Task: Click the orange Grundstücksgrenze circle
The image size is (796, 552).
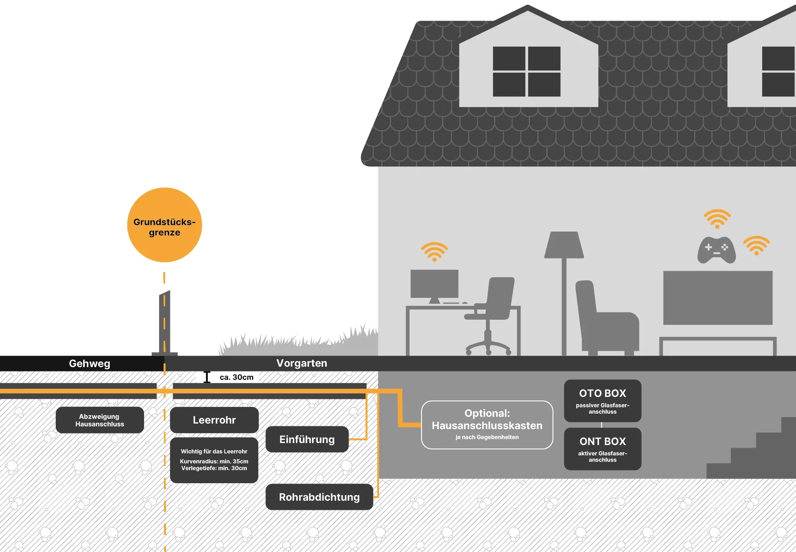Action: [x=164, y=225]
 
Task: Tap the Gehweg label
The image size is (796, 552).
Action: [x=90, y=363]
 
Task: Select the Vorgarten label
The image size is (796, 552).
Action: [x=302, y=363]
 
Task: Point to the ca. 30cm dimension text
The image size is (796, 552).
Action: [x=236, y=377]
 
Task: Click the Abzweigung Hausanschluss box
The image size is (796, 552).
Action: [x=99, y=420]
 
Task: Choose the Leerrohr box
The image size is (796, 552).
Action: [x=214, y=420]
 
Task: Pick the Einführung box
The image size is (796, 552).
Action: [x=307, y=439]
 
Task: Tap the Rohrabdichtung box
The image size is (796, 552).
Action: [x=319, y=497]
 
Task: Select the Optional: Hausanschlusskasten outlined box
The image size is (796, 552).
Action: [x=487, y=425]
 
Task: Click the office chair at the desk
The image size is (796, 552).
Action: [x=494, y=310]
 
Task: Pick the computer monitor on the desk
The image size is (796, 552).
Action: [x=434, y=284]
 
